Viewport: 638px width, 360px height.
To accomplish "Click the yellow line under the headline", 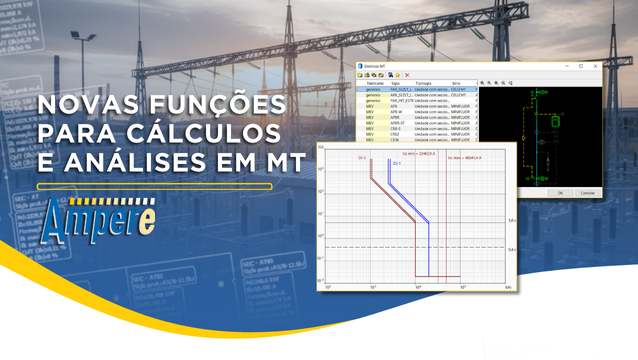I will (154, 186).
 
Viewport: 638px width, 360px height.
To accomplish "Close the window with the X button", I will (596, 66).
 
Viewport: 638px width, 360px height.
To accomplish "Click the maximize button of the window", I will (581, 66).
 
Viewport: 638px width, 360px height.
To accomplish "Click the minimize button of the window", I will (566, 66).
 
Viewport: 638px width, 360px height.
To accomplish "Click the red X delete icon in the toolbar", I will (407, 75).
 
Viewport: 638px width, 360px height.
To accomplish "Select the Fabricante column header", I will (375, 83).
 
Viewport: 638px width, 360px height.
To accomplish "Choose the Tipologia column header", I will (423, 83).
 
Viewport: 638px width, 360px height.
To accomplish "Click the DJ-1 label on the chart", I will (397, 163).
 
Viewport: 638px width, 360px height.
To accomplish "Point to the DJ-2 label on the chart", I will (362, 158).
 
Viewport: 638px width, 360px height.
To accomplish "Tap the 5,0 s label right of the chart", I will (512, 220).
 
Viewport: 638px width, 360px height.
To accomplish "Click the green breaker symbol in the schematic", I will (556, 121).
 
